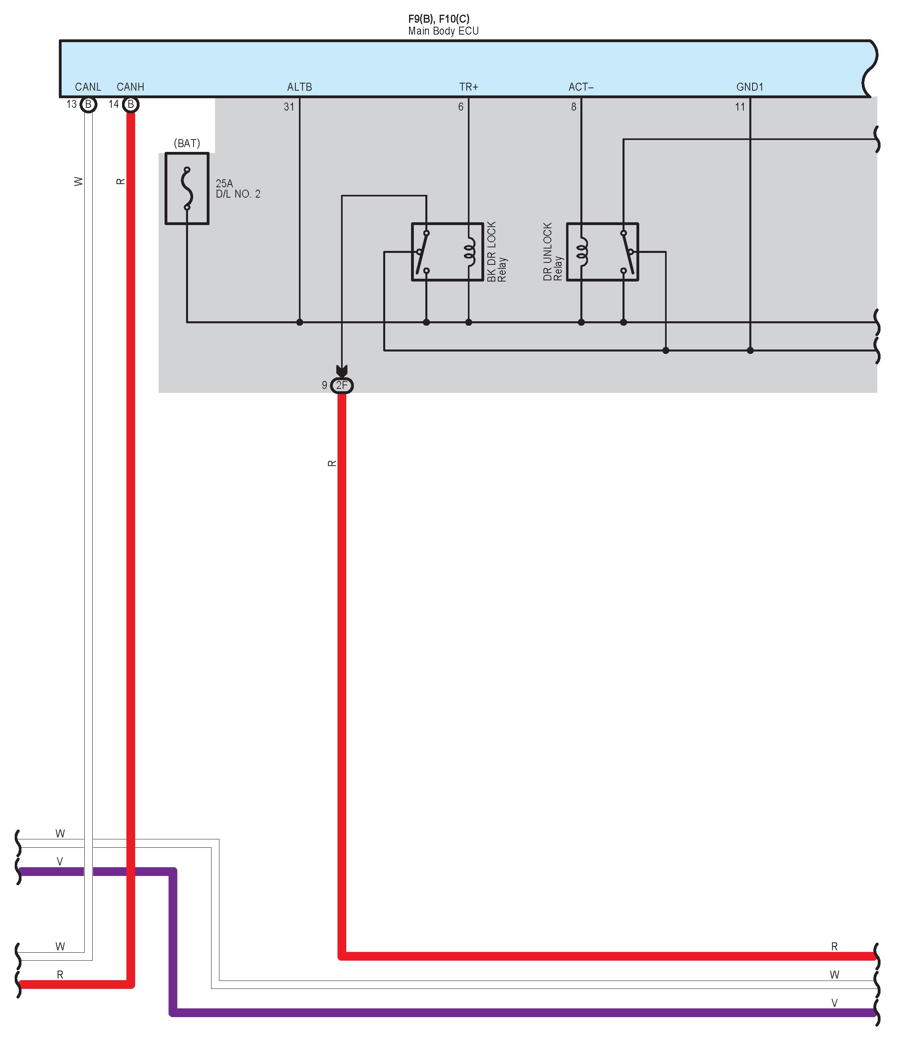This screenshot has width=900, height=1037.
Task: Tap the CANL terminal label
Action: tap(88, 87)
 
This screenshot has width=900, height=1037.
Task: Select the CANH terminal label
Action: tap(130, 87)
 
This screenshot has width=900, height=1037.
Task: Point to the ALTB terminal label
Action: tap(299, 87)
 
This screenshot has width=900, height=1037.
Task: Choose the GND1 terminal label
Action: tap(749, 87)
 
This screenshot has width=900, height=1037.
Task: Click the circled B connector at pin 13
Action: tap(88, 105)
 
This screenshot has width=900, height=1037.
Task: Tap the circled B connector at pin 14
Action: tap(130, 105)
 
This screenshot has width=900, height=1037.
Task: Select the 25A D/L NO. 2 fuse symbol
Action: tap(187, 188)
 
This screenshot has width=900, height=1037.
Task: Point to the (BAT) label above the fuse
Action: tap(187, 144)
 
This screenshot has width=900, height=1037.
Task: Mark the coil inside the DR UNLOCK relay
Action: tap(582, 252)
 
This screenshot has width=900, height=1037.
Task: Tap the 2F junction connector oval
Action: tap(341, 385)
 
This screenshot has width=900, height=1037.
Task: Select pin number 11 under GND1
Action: tap(739, 107)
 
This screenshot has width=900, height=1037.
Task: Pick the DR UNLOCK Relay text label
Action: tap(553, 252)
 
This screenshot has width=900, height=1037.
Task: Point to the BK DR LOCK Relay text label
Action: tap(496, 252)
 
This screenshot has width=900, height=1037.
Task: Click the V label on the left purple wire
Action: tap(60, 861)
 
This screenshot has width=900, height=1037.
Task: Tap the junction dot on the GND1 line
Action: tap(750, 351)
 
